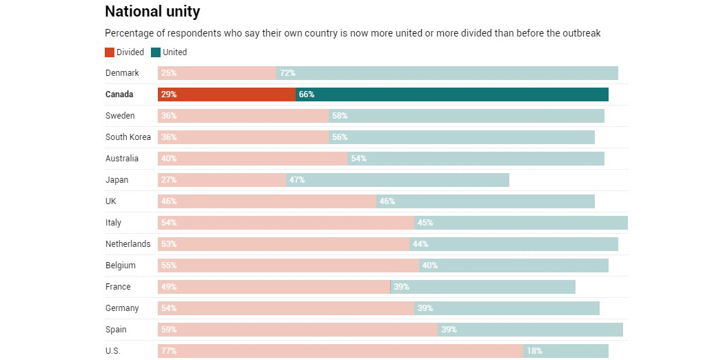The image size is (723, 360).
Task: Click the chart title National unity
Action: [152, 12]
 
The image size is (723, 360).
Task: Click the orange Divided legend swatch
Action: [110, 52]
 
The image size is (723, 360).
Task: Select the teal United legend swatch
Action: [156, 52]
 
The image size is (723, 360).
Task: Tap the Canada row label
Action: [119, 94]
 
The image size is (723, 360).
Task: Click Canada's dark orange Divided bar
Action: [227, 94]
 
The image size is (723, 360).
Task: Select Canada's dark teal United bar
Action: [452, 94]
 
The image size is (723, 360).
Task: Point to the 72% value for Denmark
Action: [287, 73]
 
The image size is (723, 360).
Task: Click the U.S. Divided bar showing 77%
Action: [340, 351]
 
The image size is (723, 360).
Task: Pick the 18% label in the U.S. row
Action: [534, 351]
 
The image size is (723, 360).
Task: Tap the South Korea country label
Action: [128, 137]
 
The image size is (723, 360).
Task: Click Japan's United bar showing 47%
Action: [398, 180]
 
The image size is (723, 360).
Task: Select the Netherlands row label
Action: [128, 244]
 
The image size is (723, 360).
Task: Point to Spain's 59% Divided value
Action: [169, 330]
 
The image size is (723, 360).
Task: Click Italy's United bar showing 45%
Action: [521, 223]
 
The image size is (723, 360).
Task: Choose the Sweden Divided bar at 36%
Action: [243, 116]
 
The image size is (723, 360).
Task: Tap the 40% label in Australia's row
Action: [169, 159]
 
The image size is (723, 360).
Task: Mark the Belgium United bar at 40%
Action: [513, 266]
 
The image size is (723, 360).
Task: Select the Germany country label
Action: [122, 308]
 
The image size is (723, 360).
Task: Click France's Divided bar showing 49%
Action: [274, 287]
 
